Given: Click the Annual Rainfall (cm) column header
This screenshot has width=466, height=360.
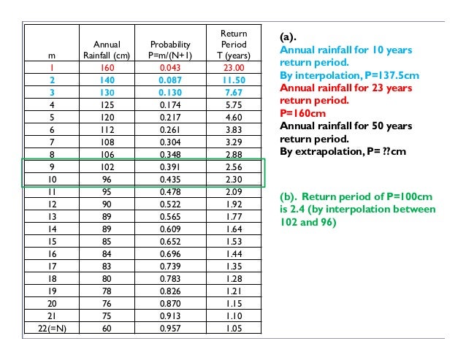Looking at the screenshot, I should (106, 49).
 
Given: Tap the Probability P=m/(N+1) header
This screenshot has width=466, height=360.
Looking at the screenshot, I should (169, 49).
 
